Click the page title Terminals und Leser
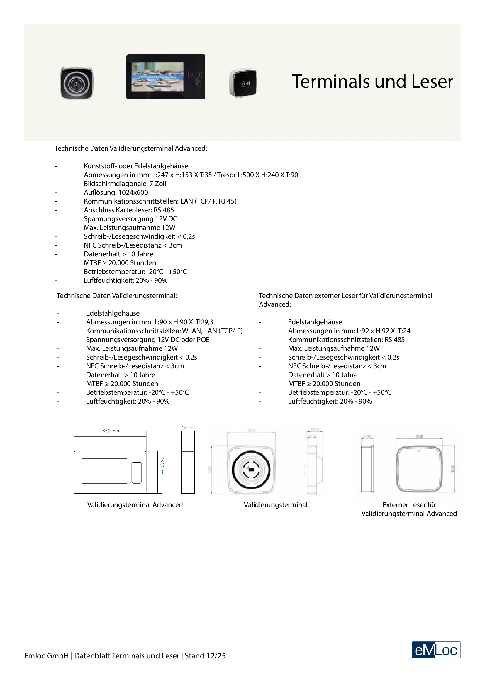372,82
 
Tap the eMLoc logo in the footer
436,650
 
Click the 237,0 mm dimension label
110,431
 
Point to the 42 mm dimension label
188,428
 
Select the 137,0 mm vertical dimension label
162,466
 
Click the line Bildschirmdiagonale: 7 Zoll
125,184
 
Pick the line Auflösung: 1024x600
116,192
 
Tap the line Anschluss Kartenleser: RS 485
129,210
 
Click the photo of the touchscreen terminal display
165,77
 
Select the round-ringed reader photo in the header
77,83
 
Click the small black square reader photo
243,83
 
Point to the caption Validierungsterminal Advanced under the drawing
135,505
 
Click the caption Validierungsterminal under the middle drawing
275,505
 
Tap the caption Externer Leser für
409,505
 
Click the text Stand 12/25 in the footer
205,656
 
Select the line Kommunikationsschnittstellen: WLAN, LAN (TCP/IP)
164,331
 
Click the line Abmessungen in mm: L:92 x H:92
349,331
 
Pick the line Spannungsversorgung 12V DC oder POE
148,340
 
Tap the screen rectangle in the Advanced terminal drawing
104,471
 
